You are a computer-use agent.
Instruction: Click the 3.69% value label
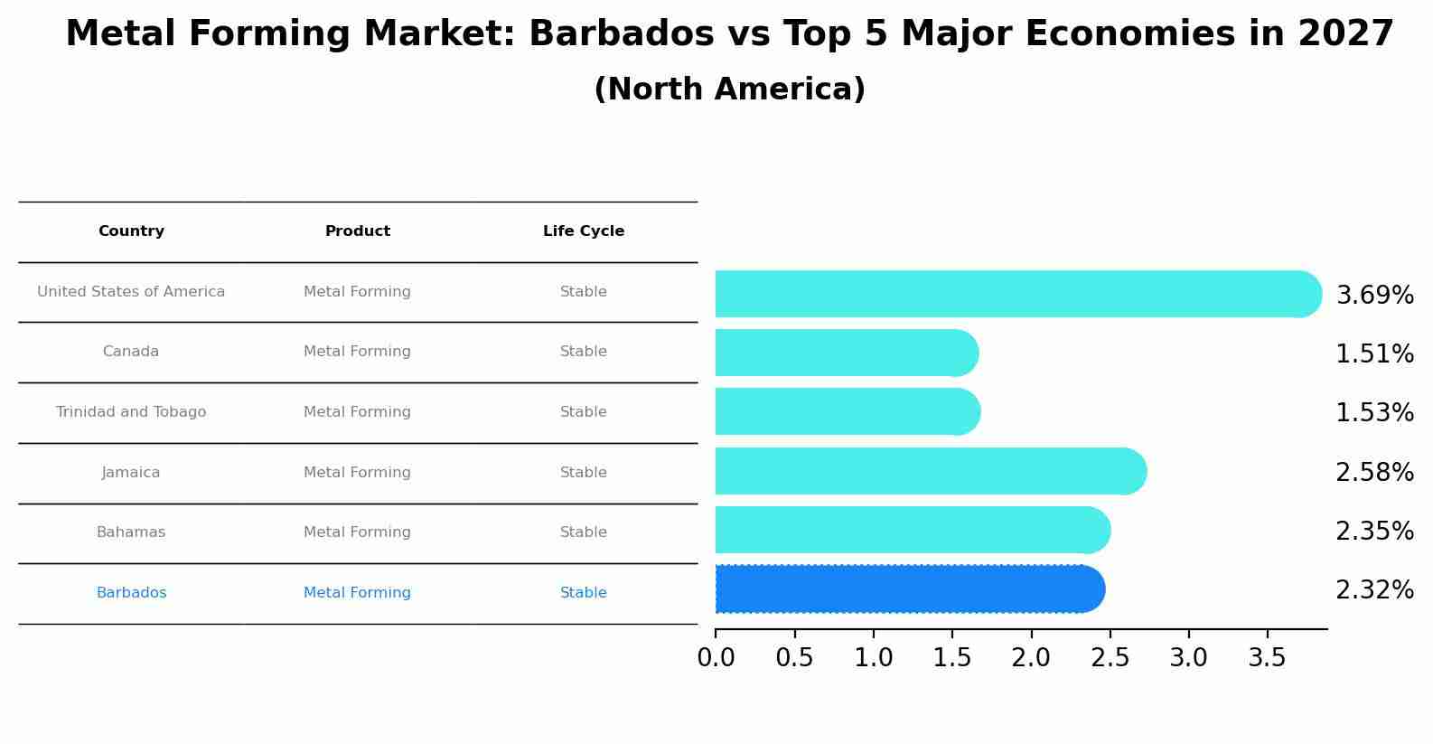click(1374, 296)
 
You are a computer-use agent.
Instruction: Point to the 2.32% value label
click(1374, 590)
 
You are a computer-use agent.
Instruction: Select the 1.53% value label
click(1374, 413)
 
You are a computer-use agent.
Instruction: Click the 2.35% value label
click(1374, 532)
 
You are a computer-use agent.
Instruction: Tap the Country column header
click(131, 231)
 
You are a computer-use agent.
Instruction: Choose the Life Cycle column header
click(584, 231)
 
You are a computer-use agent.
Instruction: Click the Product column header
click(358, 231)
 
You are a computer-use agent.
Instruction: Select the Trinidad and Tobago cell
click(131, 412)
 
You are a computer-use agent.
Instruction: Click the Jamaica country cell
click(131, 473)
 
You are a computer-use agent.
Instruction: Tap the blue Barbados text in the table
click(131, 593)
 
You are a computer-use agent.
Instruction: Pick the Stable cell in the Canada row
click(584, 352)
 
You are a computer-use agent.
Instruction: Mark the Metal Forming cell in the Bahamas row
click(357, 532)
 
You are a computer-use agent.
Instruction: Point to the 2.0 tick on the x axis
click(1031, 658)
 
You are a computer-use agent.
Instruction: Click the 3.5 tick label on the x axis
click(1267, 658)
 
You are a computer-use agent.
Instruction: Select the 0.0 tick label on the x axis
click(716, 658)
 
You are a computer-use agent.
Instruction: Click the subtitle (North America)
click(729, 89)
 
